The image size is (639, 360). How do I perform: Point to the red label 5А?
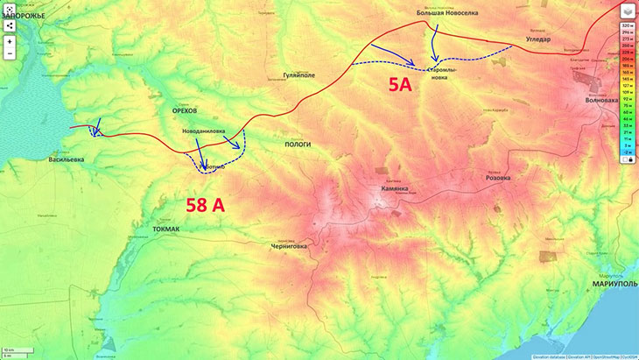[x=399, y=85]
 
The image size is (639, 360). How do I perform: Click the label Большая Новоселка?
[x=447, y=12]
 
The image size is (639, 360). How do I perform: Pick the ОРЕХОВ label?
[x=185, y=111]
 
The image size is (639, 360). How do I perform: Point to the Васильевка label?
[x=67, y=159]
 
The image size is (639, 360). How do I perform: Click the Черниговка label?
[x=289, y=246]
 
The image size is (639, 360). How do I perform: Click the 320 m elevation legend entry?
[x=627, y=26]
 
